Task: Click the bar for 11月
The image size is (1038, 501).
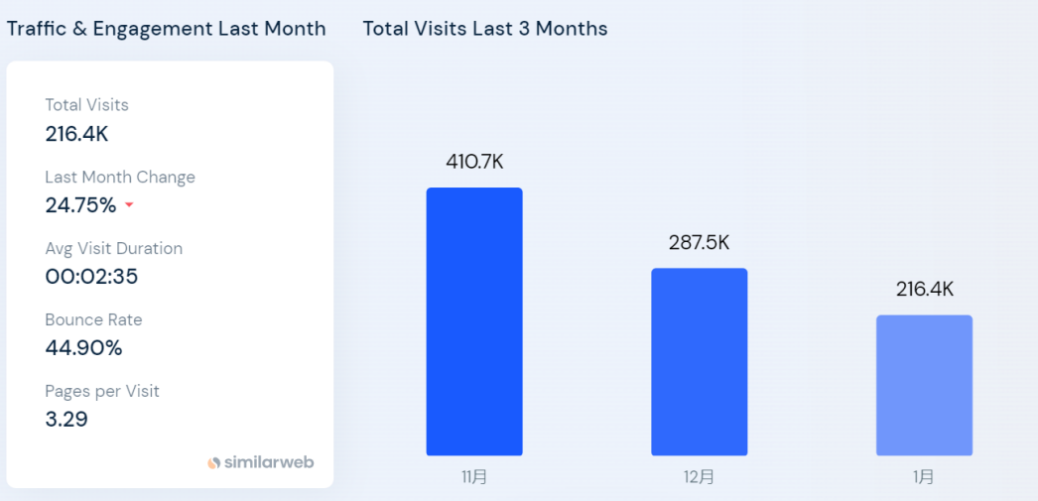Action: tap(474, 321)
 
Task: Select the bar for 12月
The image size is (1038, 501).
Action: tap(699, 362)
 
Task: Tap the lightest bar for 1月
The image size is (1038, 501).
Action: tap(924, 385)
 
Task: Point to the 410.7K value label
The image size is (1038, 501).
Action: tap(474, 162)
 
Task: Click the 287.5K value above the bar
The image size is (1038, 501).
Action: tap(699, 243)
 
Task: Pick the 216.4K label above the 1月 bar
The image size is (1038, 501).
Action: tap(924, 290)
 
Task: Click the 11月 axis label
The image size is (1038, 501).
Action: tap(474, 477)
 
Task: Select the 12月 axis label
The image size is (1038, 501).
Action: tap(699, 477)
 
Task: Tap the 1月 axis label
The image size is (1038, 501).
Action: tap(924, 477)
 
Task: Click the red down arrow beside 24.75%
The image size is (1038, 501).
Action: tap(129, 206)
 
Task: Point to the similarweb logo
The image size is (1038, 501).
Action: tap(261, 462)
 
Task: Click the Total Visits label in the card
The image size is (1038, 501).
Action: tap(86, 105)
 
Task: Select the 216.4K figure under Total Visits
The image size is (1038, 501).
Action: tap(76, 134)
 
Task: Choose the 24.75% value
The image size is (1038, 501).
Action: tap(80, 205)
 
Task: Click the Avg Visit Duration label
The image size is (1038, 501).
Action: tap(113, 248)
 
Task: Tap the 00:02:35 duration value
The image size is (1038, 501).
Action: tap(91, 277)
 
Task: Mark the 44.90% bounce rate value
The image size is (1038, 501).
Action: tap(83, 348)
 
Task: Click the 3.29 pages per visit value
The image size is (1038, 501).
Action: tap(66, 420)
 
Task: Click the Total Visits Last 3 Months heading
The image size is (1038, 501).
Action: tap(485, 29)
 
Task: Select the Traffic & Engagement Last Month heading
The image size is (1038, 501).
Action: tap(166, 29)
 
